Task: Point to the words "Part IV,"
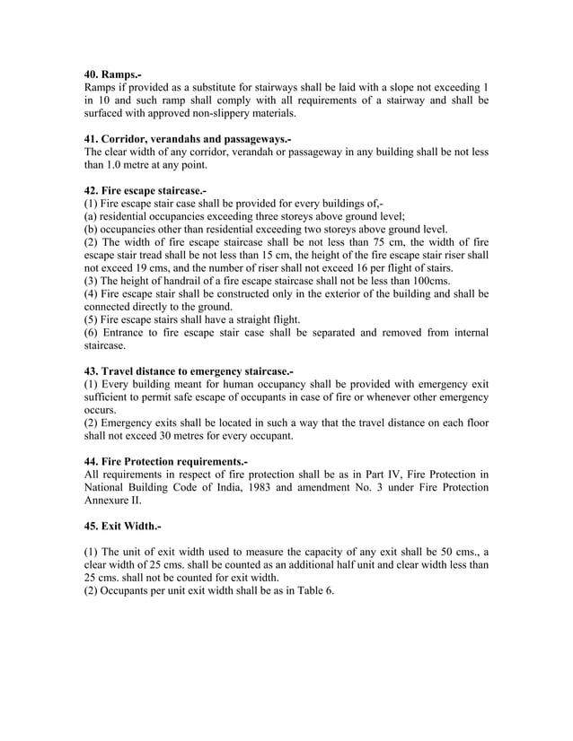click(352, 474)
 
